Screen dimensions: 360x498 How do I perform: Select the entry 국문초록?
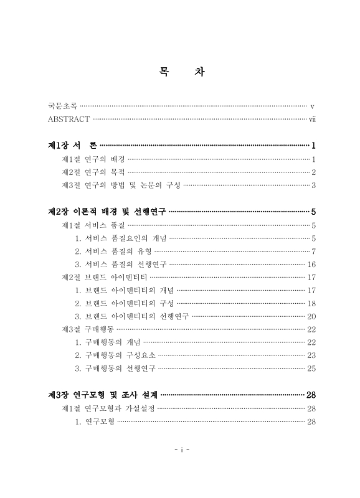pyautogui.click(x=62, y=107)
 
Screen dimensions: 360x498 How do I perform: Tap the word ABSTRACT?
pyautogui.click(x=69, y=119)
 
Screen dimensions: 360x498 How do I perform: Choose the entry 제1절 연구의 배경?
pyautogui.click(x=93, y=159)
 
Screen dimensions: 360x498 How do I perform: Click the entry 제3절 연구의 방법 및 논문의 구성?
pyautogui.click(x=121, y=185)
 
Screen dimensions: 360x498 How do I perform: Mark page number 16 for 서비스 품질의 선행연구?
pyautogui.click(x=312, y=264)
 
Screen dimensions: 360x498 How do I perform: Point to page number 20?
pyautogui.click(x=312, y=316)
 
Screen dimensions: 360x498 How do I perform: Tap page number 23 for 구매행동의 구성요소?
pyautogui.click(x=312, y=355)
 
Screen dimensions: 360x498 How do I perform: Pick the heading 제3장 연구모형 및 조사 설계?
pyautogui.click(x=103, y=395)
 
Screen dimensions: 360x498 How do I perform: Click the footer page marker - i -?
pyautogui.click(x=180, y=449)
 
